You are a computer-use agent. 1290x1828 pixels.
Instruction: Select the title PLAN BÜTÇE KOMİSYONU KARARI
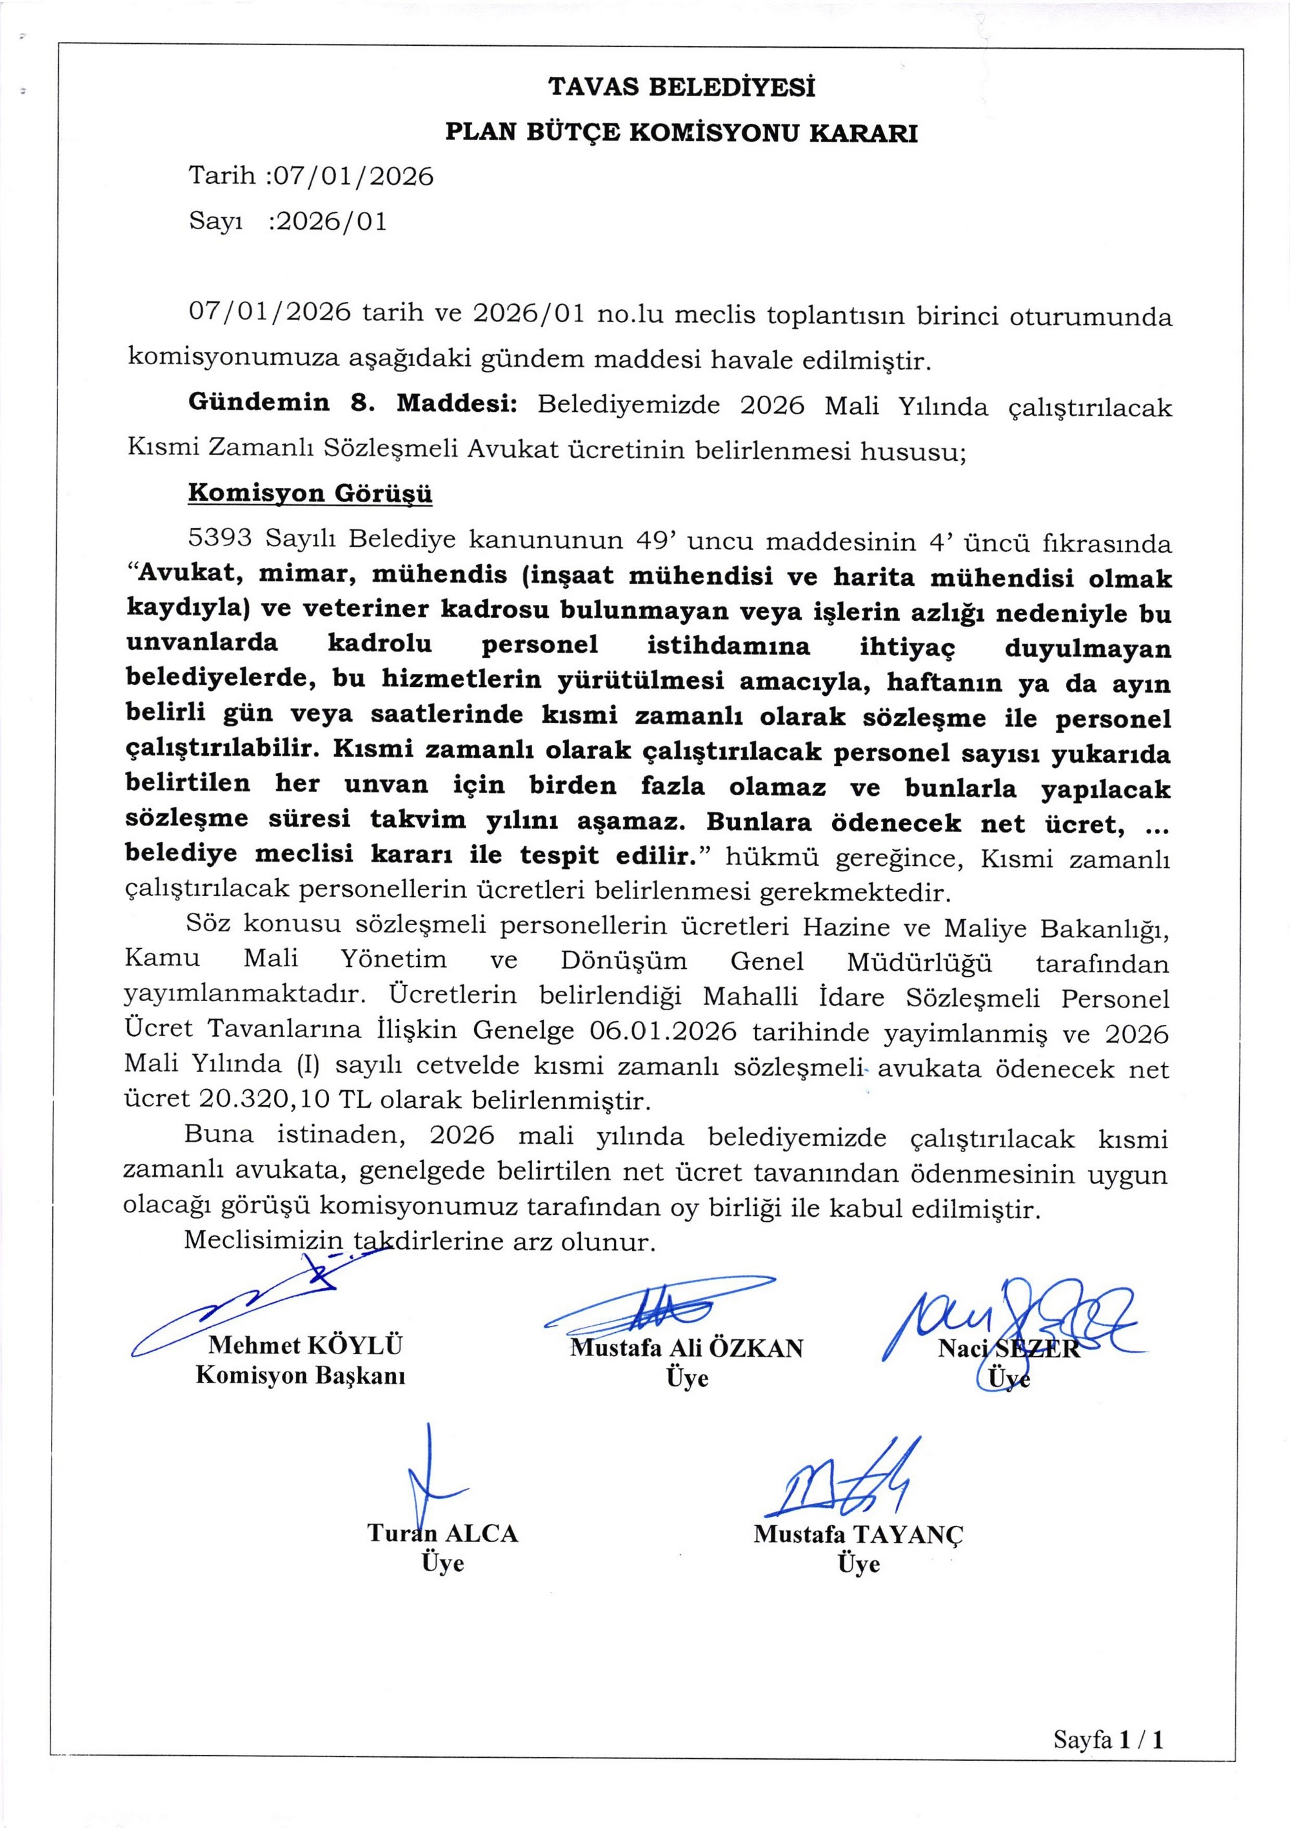681,132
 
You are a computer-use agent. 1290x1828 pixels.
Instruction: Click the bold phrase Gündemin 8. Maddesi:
353,403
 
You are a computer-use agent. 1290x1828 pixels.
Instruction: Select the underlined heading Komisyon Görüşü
310,493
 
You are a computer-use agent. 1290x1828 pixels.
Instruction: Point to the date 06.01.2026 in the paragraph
663,1032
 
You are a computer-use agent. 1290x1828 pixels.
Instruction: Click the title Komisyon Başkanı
300,1375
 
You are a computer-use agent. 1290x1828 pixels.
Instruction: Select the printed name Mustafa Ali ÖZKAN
687,1347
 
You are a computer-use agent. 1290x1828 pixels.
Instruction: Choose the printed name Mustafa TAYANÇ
858,1534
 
